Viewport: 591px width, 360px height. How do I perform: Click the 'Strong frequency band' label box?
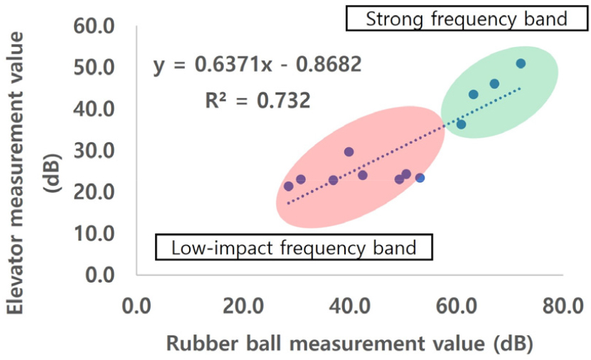coord(467,18)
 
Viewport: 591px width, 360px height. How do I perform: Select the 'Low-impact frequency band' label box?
coord(294,248)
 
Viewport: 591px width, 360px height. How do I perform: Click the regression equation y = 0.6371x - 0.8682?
coord(257,65)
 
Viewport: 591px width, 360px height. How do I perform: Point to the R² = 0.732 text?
coord(257,100)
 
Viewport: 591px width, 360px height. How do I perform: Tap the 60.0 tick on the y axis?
coord(95,26)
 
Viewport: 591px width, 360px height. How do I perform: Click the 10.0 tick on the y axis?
coord(95,233)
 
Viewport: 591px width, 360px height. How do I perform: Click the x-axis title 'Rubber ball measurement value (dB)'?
coord(350,344)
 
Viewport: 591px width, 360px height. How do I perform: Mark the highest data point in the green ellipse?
coord(521,63)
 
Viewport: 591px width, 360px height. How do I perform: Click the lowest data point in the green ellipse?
coord(461,125)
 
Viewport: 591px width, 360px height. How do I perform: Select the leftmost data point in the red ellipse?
coord(289,186)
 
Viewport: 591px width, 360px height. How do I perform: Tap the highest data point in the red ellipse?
coord(348,152)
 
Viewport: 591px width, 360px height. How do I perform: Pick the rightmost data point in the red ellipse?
coord(420,177)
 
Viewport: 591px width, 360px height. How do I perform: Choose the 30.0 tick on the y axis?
coord(95,150)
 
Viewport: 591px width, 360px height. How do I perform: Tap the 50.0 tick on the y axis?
coord(95,68)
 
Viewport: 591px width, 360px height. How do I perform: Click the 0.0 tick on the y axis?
coord(99,274)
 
